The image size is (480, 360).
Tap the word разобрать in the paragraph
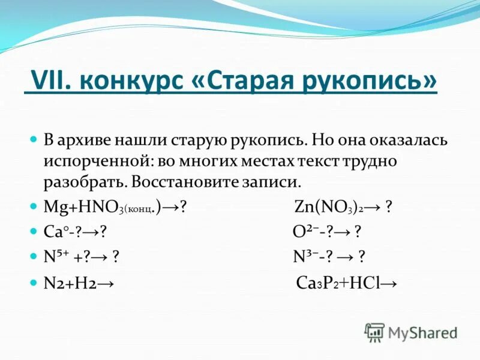pyautogui.click(x=82, y=181)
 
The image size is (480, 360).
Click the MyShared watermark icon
pyautogui.click(x=374, y=332)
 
